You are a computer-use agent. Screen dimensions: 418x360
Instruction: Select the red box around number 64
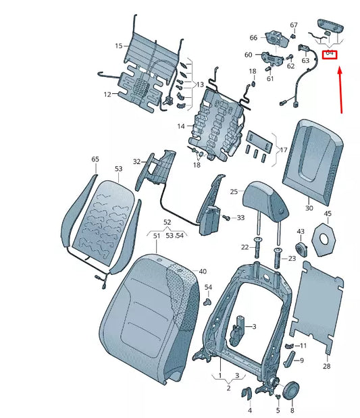tap(329, 53)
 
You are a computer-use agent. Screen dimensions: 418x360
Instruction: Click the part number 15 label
tap(119, 46)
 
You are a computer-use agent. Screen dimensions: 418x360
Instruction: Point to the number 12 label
tap(107, 95)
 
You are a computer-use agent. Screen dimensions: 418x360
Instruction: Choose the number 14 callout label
tap(181, 126)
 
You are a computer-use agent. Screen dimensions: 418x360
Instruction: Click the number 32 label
tap(136, 161)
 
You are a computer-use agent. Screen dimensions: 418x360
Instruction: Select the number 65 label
tap(95, 159)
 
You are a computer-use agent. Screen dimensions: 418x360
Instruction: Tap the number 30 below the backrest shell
tap(309, 209)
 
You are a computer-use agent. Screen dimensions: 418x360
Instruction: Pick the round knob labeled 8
tap(292, 391)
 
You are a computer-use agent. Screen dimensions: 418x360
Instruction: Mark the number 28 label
tap(326, 366)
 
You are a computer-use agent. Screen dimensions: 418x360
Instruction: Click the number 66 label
tap(253, 38)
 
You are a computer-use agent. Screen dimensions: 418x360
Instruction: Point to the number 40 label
tap(202, 271)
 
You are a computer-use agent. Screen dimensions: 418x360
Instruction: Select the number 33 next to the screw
tap(240, 217)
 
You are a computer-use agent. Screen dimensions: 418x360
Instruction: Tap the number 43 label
tap(301, 232)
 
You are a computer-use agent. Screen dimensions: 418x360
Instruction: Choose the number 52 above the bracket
tap(168, 222)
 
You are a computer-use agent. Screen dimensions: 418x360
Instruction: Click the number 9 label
tap(301, 361)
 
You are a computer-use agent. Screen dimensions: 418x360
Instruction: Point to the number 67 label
tap(293, 25)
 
